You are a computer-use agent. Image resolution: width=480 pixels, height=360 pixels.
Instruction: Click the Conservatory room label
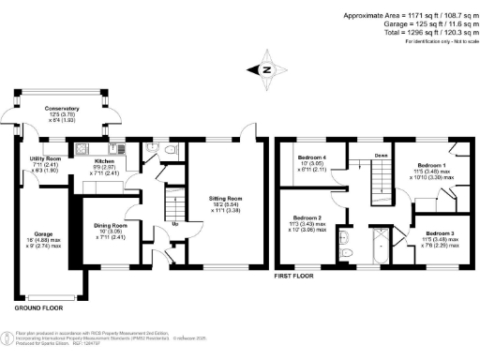pos(62,109)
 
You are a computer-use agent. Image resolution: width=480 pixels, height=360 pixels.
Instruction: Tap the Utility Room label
pos(46,159)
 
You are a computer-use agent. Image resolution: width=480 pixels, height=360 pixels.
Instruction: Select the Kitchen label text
pos(105,146)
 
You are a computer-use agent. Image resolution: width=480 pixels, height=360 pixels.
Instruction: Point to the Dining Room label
pos(111,225)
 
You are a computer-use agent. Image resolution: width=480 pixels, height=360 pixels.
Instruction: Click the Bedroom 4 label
pos(312,157)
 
